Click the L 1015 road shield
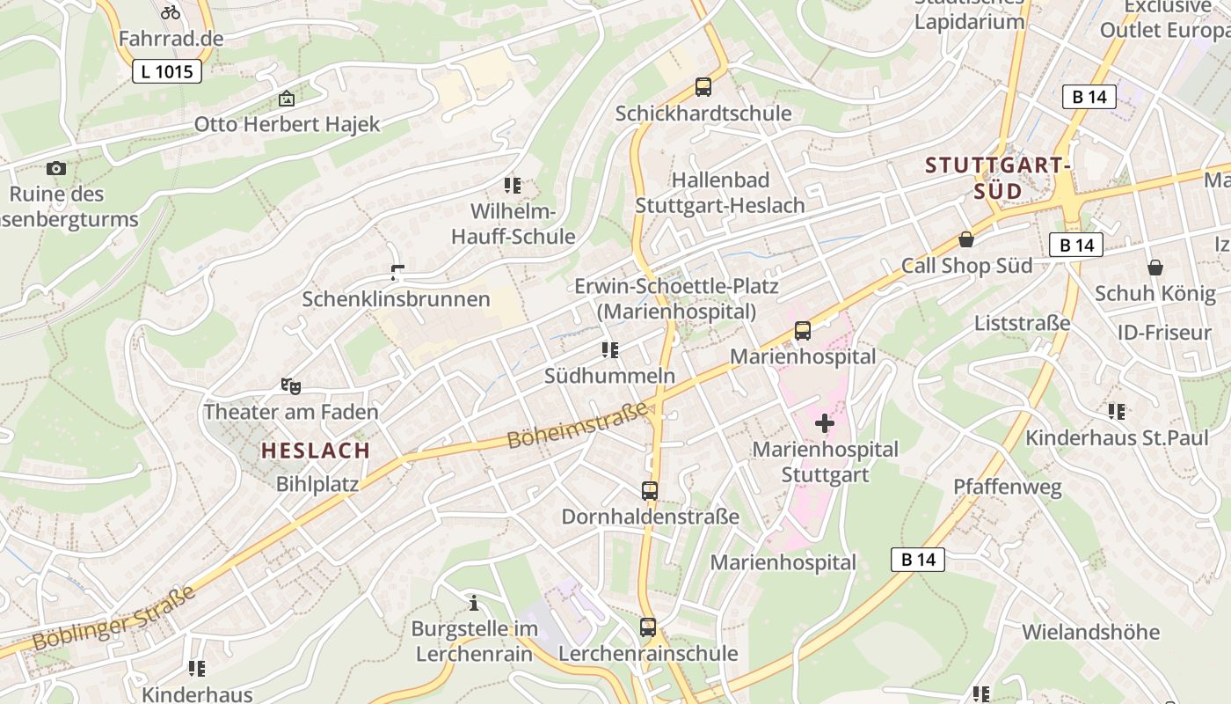tap(167, 71)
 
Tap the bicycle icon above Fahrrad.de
tap(171, 12)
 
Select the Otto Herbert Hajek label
tap(287, 124)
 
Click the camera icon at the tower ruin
tap(56, 168)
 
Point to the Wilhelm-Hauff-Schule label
tap(513, 224)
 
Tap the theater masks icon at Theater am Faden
tap(290, 385)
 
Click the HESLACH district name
tap(316, 451)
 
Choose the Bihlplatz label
tap(317, 484)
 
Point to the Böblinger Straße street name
tap(114, 621)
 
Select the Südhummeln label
tap(609, 376)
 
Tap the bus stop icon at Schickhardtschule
tap(703, 87)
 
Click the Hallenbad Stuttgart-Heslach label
tap(719, 193)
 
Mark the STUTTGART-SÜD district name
tap(998, 178)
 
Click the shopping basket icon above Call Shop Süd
tap(966, 239)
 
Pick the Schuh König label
tap(1155, 293)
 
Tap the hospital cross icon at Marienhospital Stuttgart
tap(825, 424)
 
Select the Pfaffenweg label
tap(1008, 487)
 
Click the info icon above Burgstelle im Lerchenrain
tap(474, 603)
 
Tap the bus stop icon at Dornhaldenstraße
tap(650, 491)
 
